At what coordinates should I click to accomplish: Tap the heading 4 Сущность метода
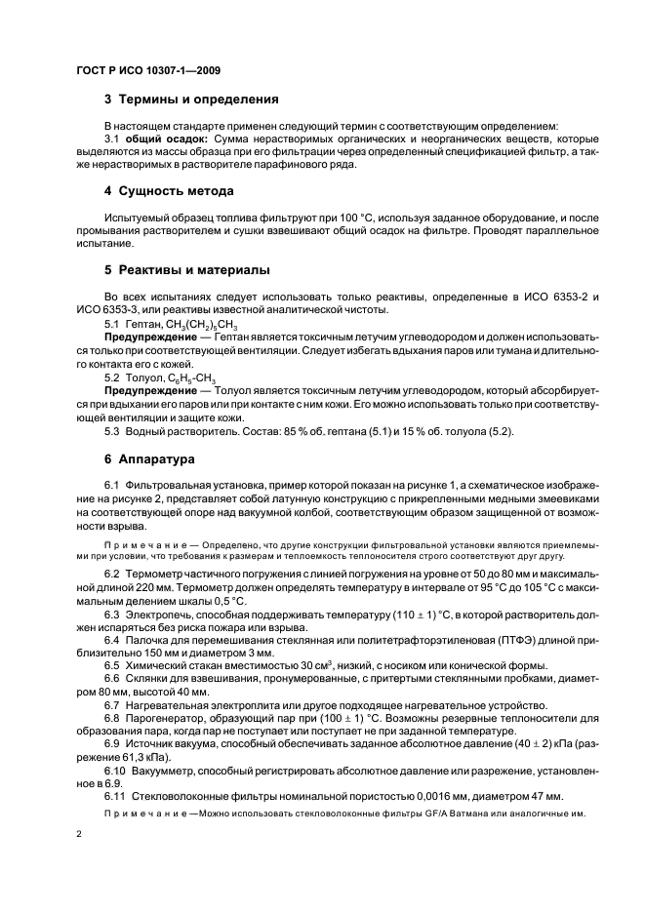(169, 191)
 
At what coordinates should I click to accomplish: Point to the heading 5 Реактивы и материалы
(186, 269)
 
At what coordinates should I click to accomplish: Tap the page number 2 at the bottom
(80, 835)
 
